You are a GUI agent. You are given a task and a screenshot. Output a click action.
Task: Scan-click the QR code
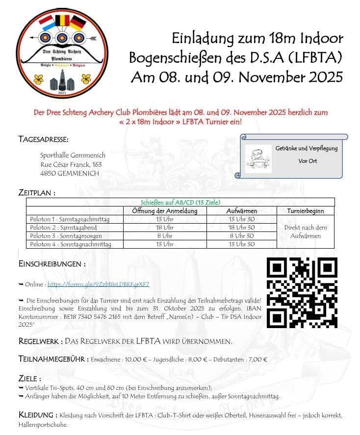[302, 292]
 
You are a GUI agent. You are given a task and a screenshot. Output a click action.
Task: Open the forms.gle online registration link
[98, 284]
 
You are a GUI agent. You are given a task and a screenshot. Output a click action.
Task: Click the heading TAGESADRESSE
[44, 139]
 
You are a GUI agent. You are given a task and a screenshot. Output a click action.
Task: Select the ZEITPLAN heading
[37, 192]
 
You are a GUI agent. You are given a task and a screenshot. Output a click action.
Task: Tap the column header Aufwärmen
[241, 211]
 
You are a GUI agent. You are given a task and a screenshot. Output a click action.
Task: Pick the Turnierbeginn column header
[306, 211]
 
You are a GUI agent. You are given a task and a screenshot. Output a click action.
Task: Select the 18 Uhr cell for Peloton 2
[165, 228]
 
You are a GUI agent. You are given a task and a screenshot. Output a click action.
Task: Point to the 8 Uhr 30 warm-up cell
[241, 236]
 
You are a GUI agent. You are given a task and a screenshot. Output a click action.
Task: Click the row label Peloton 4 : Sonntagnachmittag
[70, 244]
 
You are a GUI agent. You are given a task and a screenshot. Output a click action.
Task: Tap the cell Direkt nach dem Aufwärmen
[306, 231]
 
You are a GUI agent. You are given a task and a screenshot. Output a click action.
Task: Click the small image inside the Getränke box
[258, 158]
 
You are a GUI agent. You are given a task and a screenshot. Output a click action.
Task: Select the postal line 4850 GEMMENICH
[69, 173]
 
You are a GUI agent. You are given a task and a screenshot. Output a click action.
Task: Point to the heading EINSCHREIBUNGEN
[52, 264]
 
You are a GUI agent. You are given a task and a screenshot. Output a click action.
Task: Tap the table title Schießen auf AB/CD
[180, 202]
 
